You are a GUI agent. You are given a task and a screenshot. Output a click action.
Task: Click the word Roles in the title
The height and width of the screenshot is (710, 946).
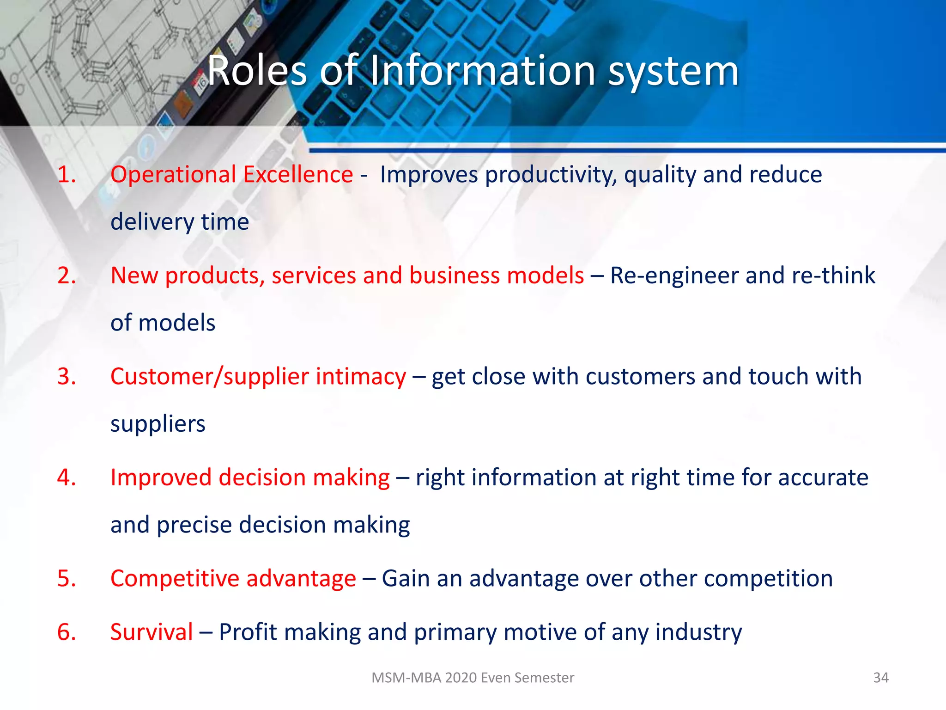coord(257,71)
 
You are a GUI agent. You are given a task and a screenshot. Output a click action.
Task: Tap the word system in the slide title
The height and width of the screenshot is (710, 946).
coord(673,72)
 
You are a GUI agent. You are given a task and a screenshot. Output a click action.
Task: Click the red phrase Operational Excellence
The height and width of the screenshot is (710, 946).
coord(231,175)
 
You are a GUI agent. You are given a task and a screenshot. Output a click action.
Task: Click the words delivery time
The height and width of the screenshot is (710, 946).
coord(180,222)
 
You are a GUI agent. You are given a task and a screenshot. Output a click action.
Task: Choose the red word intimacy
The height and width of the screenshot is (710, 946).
coord(361,377)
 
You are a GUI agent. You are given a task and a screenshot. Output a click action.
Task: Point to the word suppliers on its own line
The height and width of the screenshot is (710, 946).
coord(158,424)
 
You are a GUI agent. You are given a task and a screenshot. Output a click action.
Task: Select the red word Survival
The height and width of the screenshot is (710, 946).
coord(152,632)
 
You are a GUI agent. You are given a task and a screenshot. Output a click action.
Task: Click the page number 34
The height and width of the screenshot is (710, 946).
coord(881,678)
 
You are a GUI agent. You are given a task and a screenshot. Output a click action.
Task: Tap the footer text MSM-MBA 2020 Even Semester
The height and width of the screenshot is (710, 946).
coord(473,678)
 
